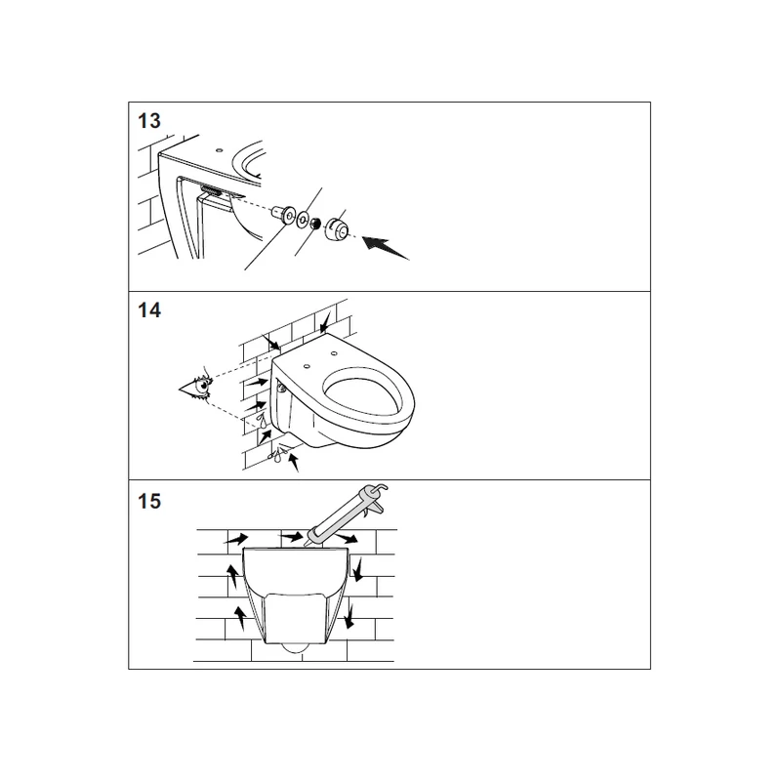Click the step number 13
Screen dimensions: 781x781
tap(149, 121)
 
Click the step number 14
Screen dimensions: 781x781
tap(149, 310)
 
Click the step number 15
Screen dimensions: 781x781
tap(149, 501)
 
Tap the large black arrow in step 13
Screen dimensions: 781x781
tap(385, 248)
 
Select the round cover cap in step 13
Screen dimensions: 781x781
tap(336, 228)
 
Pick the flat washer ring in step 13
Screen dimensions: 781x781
tap(303, 220)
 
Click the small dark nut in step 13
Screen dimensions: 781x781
tap(314, 224)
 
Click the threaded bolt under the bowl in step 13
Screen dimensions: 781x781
tap(211, 190)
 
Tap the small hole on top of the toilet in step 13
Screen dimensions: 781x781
tap(219, 149)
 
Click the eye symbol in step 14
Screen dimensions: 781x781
tap(196, 385)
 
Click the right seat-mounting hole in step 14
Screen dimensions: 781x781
tap(333, 354)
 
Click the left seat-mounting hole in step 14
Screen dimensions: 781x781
tap(307, 367)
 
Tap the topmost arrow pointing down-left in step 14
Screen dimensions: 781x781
tap(326, 322)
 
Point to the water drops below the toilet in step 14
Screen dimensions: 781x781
tap(277, 455)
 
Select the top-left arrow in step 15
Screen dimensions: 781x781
tap(236, 539)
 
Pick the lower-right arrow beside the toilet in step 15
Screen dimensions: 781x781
tap(349, 616)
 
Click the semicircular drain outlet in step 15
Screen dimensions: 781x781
tap(296, 647)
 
